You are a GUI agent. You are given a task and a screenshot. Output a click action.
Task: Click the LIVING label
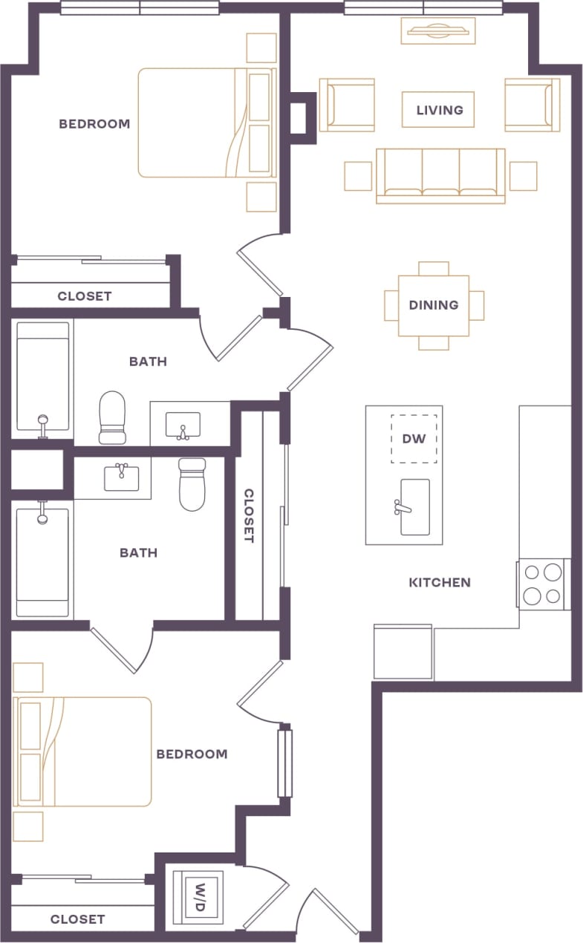click(439, 110)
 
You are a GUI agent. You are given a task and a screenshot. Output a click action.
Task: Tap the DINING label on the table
click(434, 305)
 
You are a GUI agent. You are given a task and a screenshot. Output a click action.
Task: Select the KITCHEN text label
click(440, 583)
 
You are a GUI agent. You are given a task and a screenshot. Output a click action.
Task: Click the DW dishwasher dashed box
click(414, 439)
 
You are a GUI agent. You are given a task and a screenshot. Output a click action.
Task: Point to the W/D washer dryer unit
click(198, 897)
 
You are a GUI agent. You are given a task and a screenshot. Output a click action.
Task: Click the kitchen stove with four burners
click(542, 584)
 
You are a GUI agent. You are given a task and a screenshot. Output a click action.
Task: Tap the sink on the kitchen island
click(414, 507)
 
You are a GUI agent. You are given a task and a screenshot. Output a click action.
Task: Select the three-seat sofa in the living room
click(440, 175)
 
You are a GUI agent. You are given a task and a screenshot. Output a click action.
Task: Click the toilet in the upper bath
click(112, 417)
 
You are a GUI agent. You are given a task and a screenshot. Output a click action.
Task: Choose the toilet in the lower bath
click(192, 484)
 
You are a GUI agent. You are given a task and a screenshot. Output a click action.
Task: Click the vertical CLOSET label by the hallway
click(249, 515)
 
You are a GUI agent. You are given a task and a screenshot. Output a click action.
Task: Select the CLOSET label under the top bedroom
click(85, 296)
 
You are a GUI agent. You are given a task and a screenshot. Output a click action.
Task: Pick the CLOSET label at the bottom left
click(77, 919)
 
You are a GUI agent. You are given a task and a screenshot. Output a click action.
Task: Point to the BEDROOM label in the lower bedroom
click(192, 754)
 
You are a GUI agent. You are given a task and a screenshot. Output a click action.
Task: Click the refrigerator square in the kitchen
click(403, 651)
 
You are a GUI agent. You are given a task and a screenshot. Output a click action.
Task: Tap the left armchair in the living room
click(347, 105)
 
